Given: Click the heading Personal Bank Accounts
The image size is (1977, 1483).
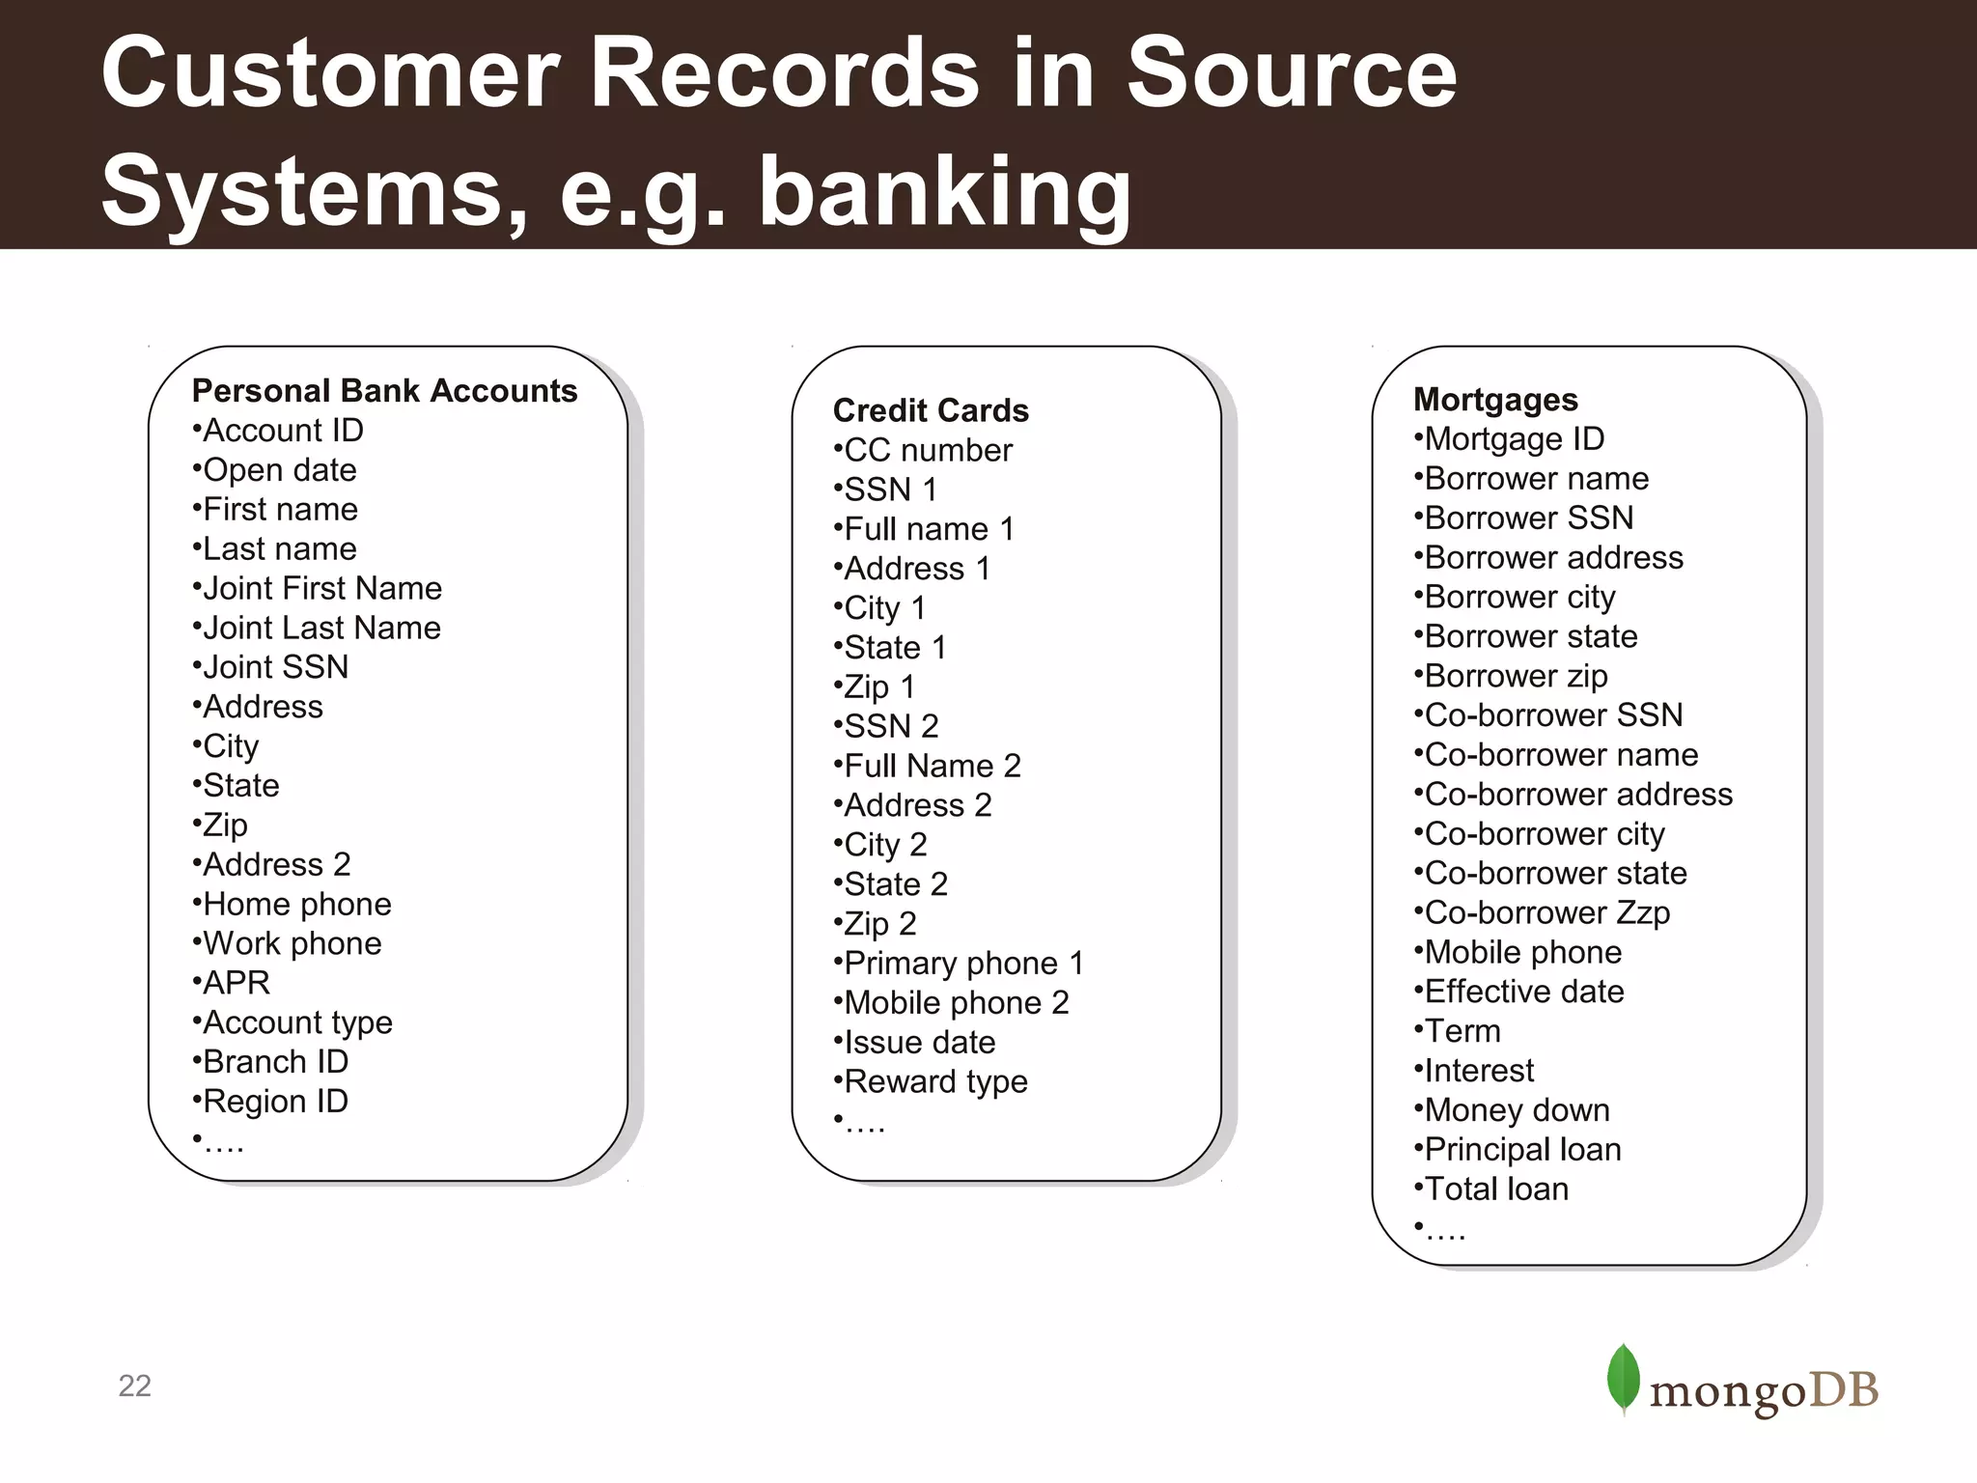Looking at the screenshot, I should [384, 391].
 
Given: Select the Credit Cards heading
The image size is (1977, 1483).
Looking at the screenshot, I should [931, 411].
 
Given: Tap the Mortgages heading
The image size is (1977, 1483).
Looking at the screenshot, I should [1495, 400].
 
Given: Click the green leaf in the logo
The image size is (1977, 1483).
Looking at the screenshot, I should [1623, 1379].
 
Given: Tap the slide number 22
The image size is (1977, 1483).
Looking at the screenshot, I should [134, 1386].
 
